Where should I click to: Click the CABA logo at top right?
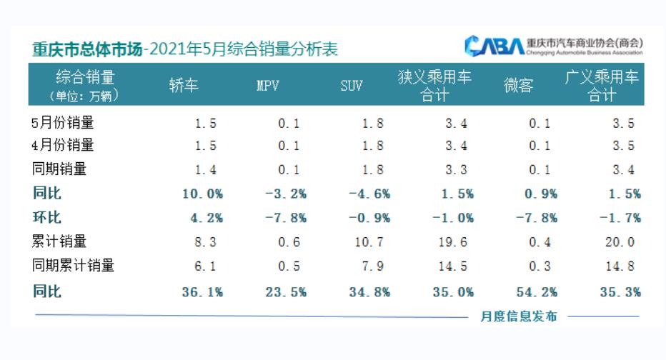tap(494, 45)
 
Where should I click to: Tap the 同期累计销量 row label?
tap(74, 266)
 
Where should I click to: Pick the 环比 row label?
tap(47, 217)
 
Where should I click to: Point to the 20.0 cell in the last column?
tap(619, 242)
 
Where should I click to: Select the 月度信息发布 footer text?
tap(518, 316)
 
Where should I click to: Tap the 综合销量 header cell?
tap(85, 78)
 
